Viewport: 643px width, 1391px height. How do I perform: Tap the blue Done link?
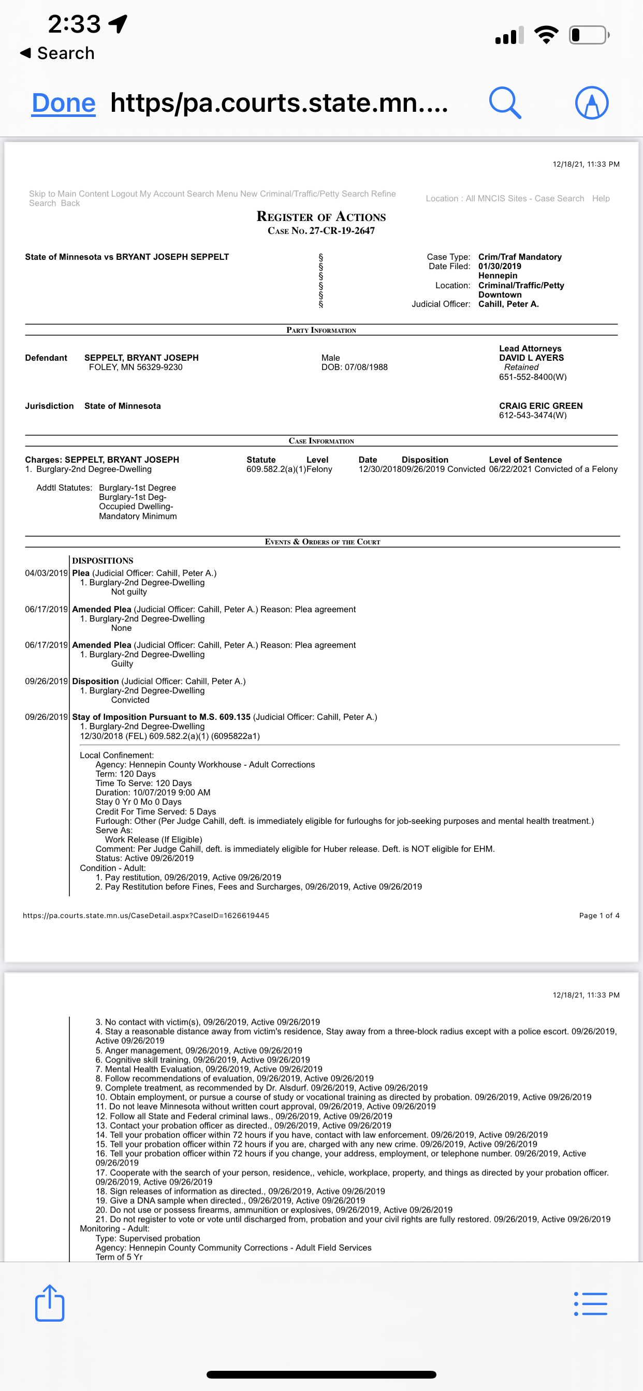(x=64, y=103)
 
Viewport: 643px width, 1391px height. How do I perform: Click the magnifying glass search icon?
(x=505, y=102)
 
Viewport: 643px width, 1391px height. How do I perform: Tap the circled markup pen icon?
(x=592, y=102)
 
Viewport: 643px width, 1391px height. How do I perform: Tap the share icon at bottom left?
(x=50, y=1303)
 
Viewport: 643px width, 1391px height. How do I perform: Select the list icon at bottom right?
(x=591, y=1304)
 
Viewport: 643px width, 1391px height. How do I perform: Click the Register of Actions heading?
(x=321, y=217)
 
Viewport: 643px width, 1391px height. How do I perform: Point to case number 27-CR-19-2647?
(x=342, y=231)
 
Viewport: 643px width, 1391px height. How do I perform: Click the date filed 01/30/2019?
(x=499, y=266)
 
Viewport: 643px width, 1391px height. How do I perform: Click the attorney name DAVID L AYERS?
(x=531, y=358)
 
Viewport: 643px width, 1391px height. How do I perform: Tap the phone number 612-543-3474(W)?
(x=532, y=415)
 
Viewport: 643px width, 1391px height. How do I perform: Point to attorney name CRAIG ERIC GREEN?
(x=540, y=406)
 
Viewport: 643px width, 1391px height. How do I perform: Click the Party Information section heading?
(x=321, y=330)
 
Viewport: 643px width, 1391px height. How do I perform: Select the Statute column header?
(x=261, y=460)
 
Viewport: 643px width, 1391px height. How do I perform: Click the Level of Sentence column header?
(x=525, y=460)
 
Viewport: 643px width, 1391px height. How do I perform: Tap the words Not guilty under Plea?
(x=128, y=592)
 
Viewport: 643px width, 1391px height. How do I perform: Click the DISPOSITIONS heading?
(x=103, y=560)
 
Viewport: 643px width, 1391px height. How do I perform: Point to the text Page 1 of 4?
(x=598, y=915)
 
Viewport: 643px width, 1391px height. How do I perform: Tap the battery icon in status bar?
(x=588, y=35)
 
